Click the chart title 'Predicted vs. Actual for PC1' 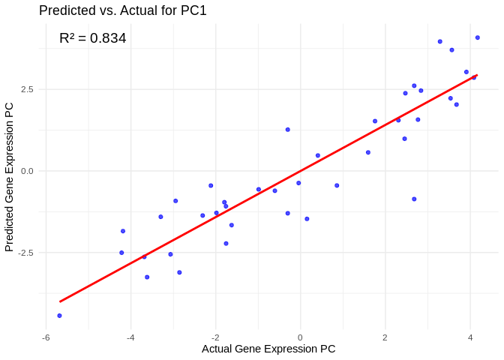pyautogui.click(x=122, y=10)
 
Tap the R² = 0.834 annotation pyautogui.click(x=92, y=38)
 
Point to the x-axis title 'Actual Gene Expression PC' pyautogui.click(x=268, y=349)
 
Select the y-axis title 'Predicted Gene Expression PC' pyautogui.click(x=10, y=177)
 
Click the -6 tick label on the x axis pyautogui.click(x=46, y=337)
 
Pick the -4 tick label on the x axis pyautogui.click(x=130, y=337)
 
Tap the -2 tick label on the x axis pyautogui.click(x=215, y=337)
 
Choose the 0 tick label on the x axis pyautogui.click(x=300, y=337)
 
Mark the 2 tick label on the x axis pyautogui.click(x=385, y=337)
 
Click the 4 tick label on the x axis pyautogui.click(x=470, y=337)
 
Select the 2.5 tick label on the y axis pyautogui.click(x=27, y=89)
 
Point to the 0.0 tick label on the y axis pyautogui.click(x=27, y=171)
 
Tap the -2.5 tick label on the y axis pyautogui.click(x=25, y=253)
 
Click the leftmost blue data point pyautogui.click(x=59, y=316)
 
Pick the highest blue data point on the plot pyautogui.click(x=477, y=37)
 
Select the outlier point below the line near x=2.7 pyautogui.click(x=414, y=199)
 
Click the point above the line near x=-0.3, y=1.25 pyautogui.click(x=287, y=130)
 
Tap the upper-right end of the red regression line pyautogui.click(x=477, y=75)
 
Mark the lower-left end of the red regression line pyautogui.click(x=60, y=301)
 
